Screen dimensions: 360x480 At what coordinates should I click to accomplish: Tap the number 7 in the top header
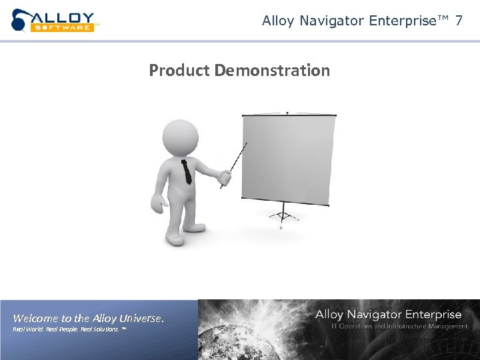tap(459, 21)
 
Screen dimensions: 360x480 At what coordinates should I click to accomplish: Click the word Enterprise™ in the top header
tap(405, 21)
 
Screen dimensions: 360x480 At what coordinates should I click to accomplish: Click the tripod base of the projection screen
tap(283, 215)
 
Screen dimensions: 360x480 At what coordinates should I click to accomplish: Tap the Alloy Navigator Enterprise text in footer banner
tap(388, 314)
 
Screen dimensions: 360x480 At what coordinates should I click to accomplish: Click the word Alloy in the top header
tap(279, 21)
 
